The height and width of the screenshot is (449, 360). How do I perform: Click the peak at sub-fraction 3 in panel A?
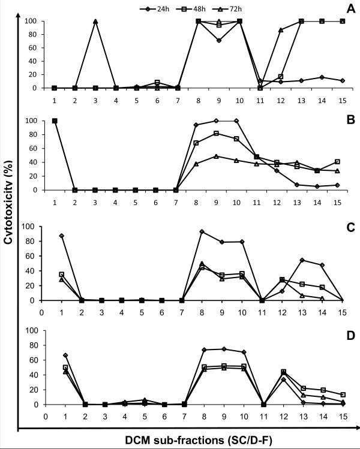click(x=95, y=21)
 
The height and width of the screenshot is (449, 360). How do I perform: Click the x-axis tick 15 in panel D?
click(x=342, y=414)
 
